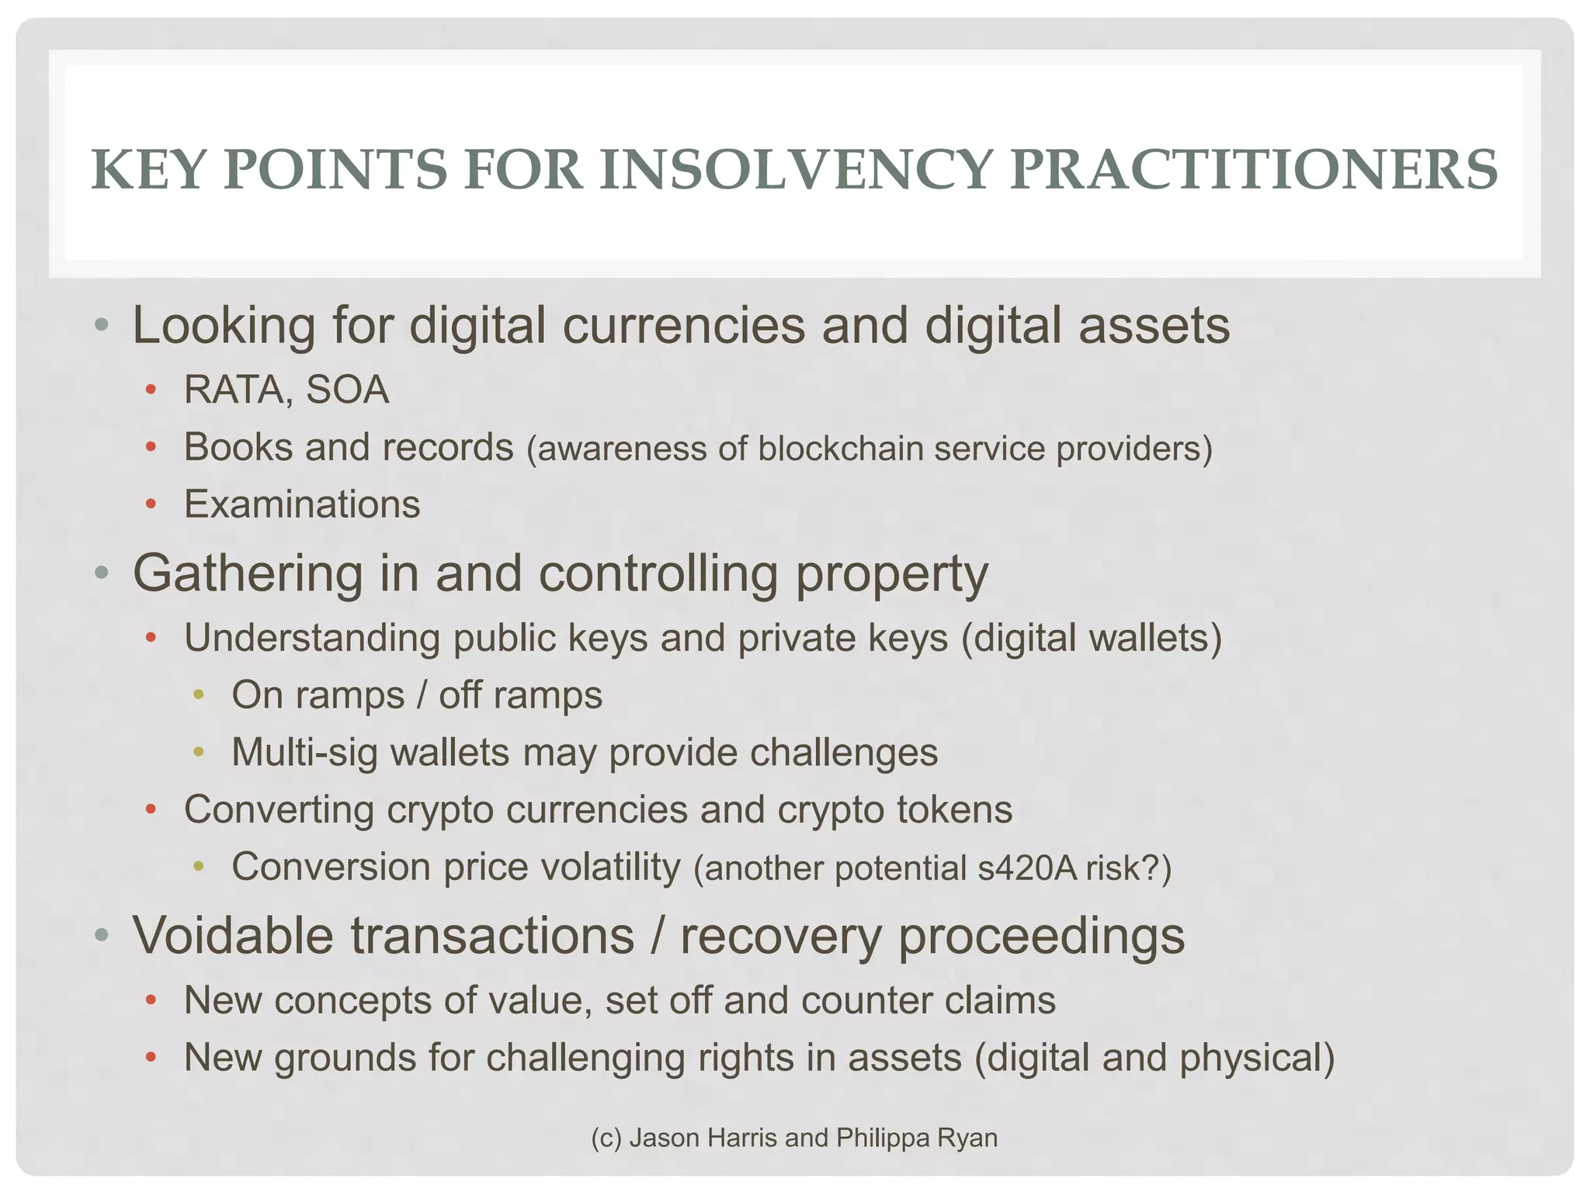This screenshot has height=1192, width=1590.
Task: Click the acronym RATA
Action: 233,390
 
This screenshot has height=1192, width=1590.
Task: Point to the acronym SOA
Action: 347,390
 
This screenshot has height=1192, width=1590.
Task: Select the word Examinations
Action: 302,504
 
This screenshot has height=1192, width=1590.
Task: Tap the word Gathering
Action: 248,574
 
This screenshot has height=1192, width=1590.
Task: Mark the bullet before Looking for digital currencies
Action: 101,326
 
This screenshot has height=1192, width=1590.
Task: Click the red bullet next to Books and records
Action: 151,448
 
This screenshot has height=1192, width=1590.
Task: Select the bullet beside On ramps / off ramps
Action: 199,695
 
